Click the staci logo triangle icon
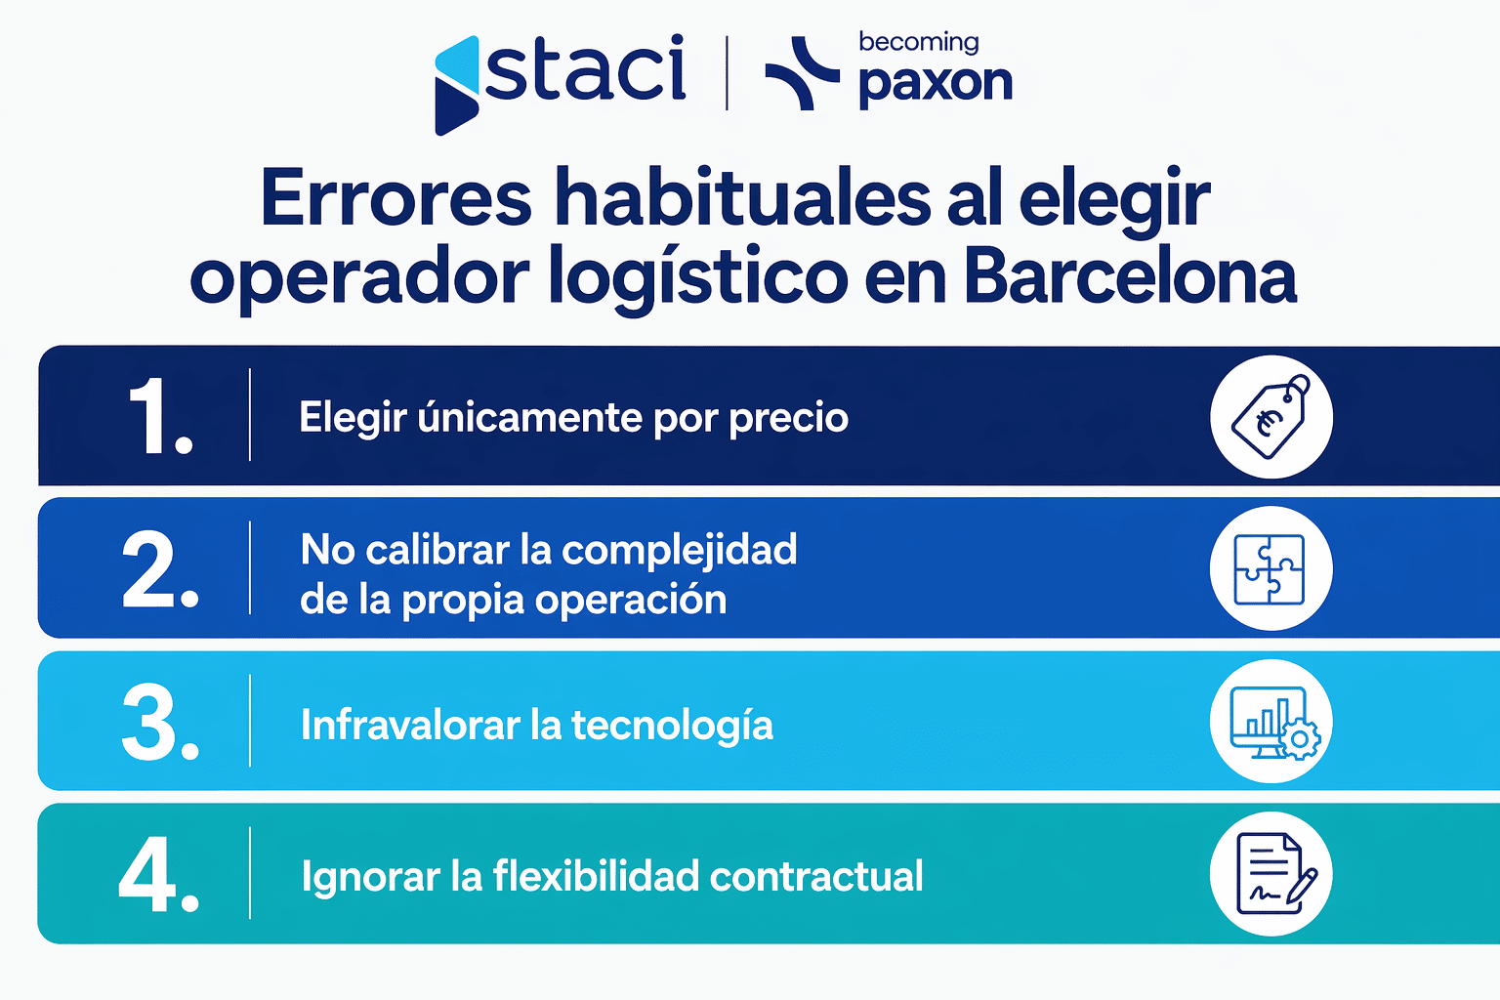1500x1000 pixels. tap(456, 86)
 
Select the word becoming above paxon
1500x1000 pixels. tap(918, 42)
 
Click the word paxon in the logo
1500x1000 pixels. tap(935, 84)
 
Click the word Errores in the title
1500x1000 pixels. tap(396, 198)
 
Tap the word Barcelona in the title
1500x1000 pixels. tap(1130, 276)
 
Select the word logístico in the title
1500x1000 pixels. tap(698, 278)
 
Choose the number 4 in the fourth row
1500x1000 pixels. tap(156, 876)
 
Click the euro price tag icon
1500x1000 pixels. tap(1271, 417)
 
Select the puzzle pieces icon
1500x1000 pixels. tap(1271, 569)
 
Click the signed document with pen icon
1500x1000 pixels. tap(1271, 874)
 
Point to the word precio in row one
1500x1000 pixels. tap(789, 418)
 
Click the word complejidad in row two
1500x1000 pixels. tap(680, 551)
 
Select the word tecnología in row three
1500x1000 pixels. tap(672, 726)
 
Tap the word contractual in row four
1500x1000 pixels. tap(816, 877)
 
